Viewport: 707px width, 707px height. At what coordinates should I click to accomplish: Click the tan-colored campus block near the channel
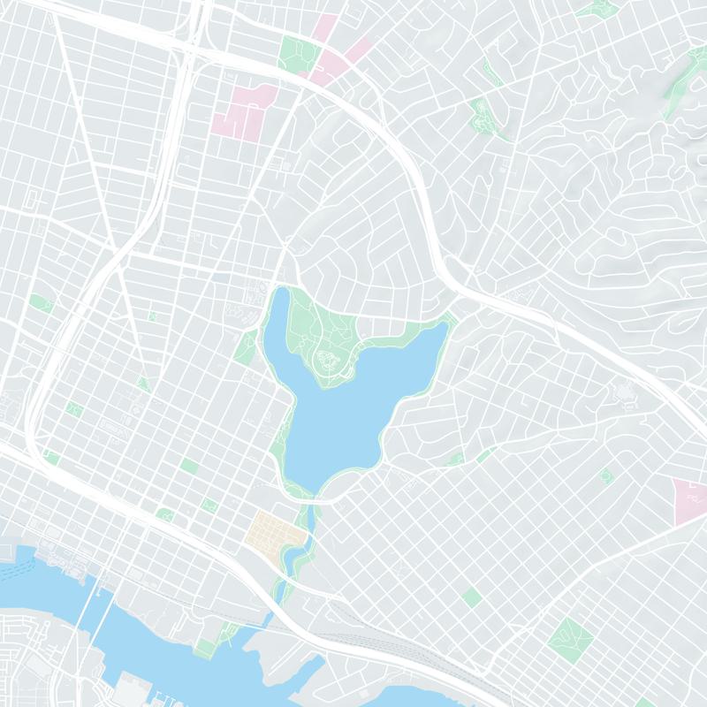coord(275,530)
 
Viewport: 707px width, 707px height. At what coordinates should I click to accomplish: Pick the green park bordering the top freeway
coord(297,53)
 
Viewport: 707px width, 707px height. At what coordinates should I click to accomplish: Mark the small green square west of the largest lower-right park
coord(472,597)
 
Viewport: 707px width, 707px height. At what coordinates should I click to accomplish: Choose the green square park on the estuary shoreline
coord(205,650)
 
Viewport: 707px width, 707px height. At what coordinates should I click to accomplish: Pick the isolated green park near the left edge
coord(40,302)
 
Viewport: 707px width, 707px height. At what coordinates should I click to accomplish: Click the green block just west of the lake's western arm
coord(246,347)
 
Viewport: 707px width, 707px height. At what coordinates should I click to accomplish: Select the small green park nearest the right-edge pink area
coord(606,476)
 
